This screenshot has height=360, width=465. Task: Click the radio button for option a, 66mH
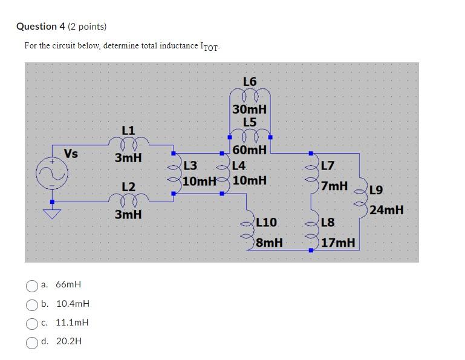click(x=32, y=285)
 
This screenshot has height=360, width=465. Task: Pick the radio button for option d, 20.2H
click(x=32, y=342)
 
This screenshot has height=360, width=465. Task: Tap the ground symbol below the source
click(x=51, y=212)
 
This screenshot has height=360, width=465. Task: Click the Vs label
click(x=71, y=154)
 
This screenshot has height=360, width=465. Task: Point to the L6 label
click(x=249, y=82)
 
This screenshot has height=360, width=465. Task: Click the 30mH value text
click(x=249, y=110)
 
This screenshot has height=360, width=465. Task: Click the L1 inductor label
click(x=128, y=130)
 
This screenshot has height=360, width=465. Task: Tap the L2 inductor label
click(x=128, y=186)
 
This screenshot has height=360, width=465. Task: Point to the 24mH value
click(x=386, y=211)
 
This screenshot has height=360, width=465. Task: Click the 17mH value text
click(x=339, y=243)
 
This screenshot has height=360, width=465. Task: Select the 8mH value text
click(x=269, y=243)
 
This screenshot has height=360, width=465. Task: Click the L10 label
click(x=266, y=223)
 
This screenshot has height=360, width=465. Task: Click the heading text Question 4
click(x=41, y=27)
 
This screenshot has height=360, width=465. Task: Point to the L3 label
click(x=190, y=165)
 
